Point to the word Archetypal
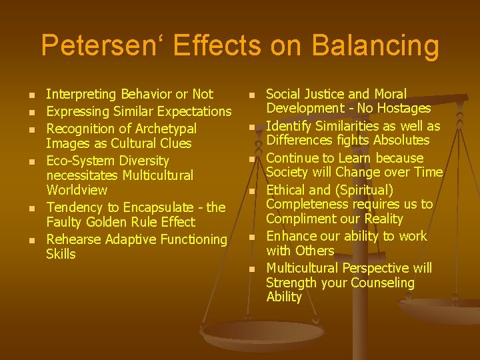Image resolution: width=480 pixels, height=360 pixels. (x=163, y=128)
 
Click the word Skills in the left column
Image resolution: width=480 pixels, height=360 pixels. (x=61, y=254)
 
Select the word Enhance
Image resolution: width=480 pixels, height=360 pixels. (x=291, y=236)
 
